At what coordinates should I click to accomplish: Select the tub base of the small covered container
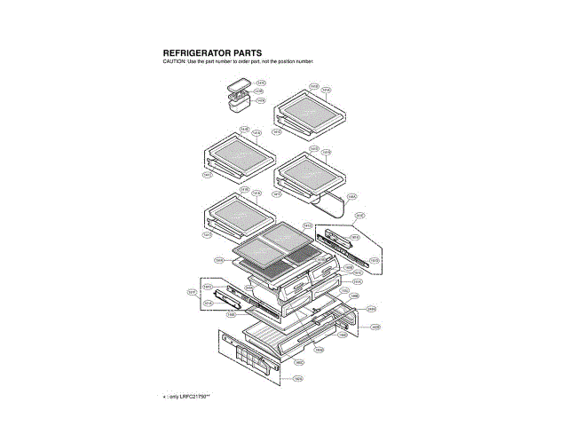point(239,106)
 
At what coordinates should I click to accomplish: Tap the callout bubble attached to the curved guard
point(351,196)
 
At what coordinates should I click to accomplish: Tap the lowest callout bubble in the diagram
point(298,379)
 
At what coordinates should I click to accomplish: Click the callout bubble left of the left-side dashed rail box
point(191,292)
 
